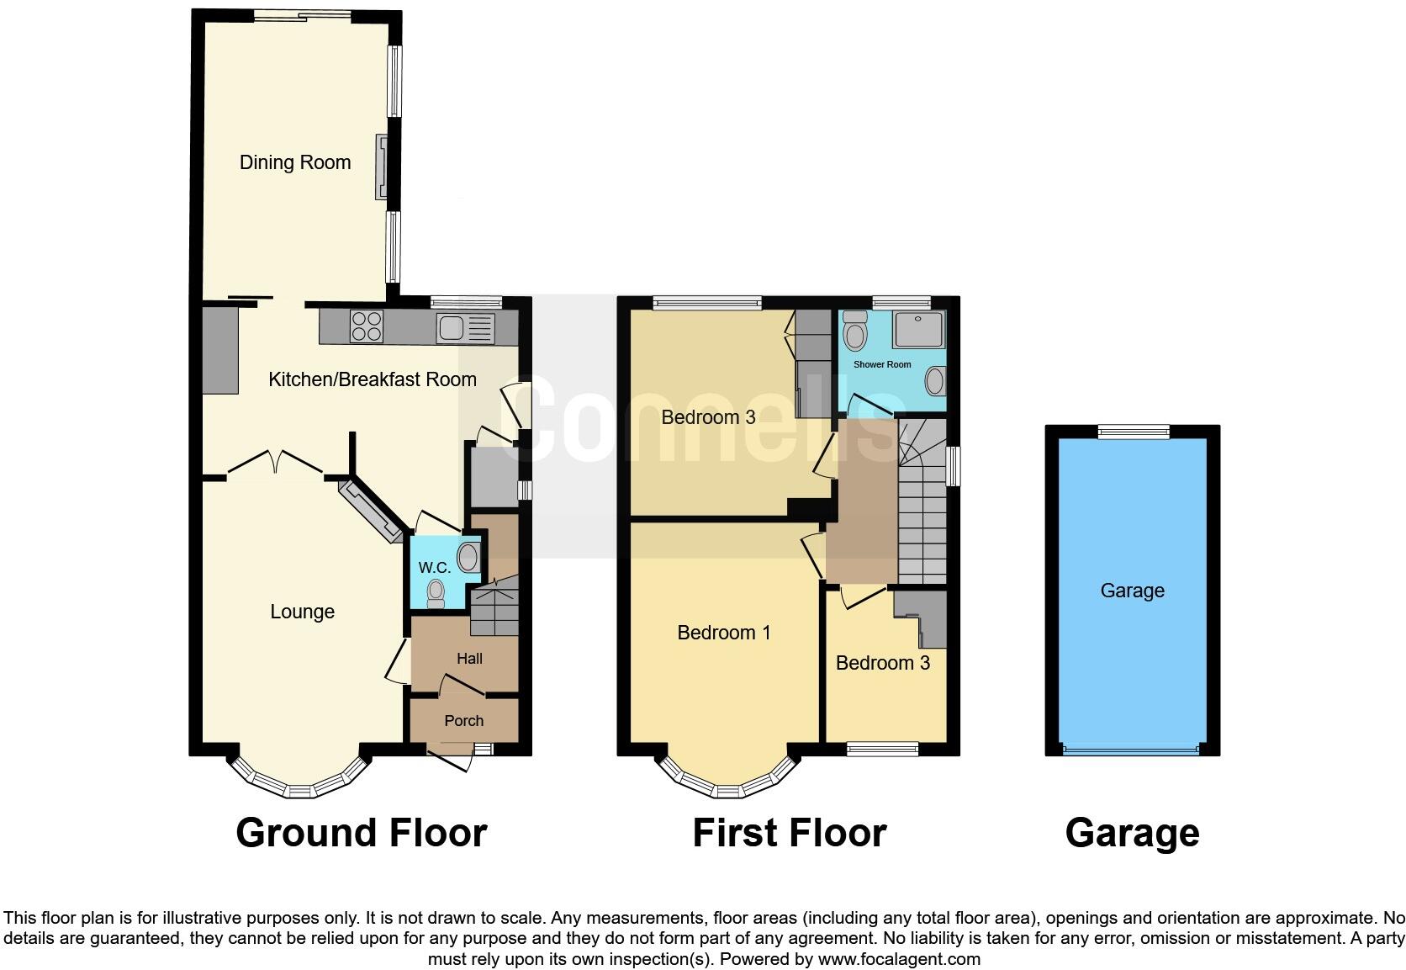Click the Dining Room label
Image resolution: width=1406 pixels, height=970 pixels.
tap(295, 162)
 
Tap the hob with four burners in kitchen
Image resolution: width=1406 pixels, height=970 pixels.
tap(367, 326)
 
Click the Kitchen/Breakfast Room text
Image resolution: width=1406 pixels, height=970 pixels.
tap(372, 379)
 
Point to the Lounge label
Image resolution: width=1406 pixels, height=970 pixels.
tap(302, 612)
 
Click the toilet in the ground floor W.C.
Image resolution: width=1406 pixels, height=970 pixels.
tap(436, 593)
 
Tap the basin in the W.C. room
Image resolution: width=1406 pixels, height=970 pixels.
tap(468, 556)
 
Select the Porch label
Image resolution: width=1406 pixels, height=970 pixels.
tap(463, 721)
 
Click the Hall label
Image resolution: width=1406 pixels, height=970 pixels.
tap(469, 659)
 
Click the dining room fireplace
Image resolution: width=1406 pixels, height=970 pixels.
tap(383, 167)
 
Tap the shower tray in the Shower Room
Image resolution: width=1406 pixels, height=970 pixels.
tap(918, 329)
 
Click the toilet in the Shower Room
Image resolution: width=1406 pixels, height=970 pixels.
tap(855, 331)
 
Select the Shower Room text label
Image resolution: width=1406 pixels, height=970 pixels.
tap(882, 364)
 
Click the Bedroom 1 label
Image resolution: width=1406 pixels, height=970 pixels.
tap(724, 633)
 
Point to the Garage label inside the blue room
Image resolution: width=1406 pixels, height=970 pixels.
tap(1132, 591)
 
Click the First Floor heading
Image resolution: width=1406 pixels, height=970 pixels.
tap(789, 833)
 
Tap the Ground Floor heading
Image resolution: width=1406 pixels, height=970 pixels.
tap(361, 833)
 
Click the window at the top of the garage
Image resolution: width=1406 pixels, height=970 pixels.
tap(1134, 432)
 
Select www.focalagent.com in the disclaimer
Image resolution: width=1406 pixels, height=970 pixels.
tap(898, 959)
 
